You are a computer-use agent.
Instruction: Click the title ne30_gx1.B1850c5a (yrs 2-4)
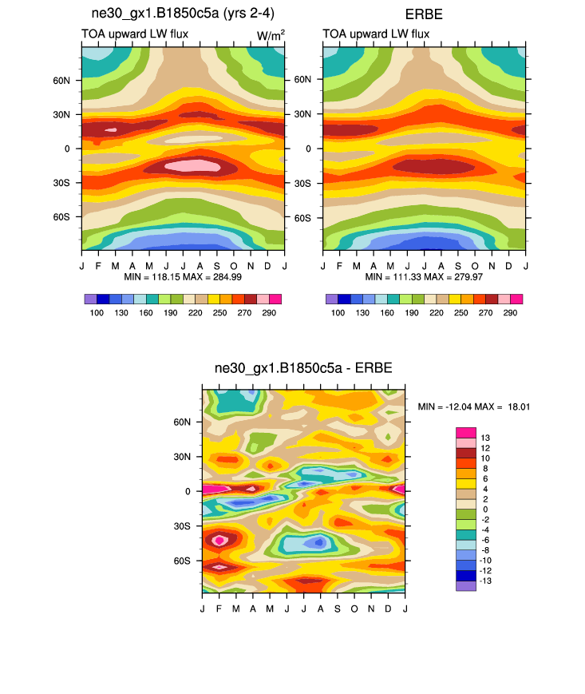(183, 13)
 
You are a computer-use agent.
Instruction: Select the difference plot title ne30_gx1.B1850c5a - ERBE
(303, 368)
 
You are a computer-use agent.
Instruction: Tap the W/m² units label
(271, 34)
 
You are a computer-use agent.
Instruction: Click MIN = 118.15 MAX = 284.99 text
(183, 277)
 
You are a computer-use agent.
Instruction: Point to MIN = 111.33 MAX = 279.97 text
(425, 277)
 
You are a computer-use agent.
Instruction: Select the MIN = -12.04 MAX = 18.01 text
(474, 407)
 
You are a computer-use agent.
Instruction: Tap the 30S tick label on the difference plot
(183, 526)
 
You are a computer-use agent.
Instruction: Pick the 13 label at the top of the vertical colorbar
(484, 438)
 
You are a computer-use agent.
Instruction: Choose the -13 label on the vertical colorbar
(486, 581)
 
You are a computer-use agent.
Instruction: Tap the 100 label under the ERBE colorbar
(338, 312)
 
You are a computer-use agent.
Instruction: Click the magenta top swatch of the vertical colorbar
(465, 432)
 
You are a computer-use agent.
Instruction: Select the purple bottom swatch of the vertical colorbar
(465, 585)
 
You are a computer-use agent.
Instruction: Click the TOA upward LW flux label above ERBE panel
(376, 34)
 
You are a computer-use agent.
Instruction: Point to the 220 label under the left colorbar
(183, 312)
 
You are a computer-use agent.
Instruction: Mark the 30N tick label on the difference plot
(183, 457)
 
